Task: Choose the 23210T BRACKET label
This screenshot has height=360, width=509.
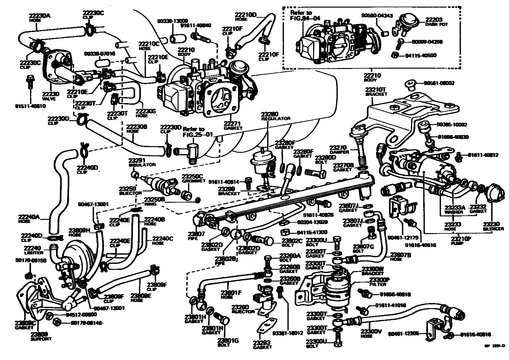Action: [x=376, y=92]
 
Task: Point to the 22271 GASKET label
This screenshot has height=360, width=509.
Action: [x=233, y=126]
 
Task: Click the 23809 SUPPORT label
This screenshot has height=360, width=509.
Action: [x=39, y=336]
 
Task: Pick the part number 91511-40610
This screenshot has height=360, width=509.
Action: [x=30, y=106]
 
